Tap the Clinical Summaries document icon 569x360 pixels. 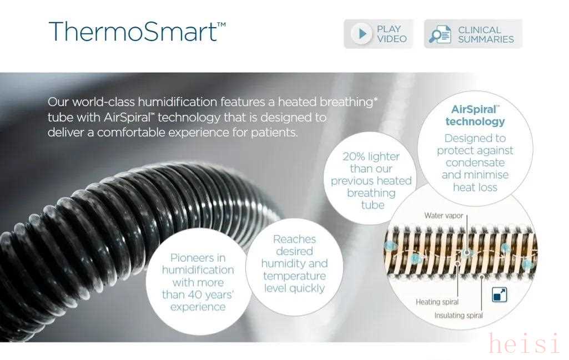point(440,34)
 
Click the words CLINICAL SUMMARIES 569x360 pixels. point(486,34)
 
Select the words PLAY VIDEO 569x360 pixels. point(391,34)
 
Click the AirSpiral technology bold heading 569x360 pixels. point(475,115)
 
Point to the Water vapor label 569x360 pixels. point(444,215)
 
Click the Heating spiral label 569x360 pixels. point(437,302)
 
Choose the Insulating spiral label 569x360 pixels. point(459,316)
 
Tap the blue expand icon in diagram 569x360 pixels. point(499,295)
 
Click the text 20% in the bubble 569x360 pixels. point(354,156)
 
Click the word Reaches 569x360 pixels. point(294,239)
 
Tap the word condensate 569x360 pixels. point(475,163)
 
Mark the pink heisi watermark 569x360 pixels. point(524,343)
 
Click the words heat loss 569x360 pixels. point(475,187)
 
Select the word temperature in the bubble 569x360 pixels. point(294,276)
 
